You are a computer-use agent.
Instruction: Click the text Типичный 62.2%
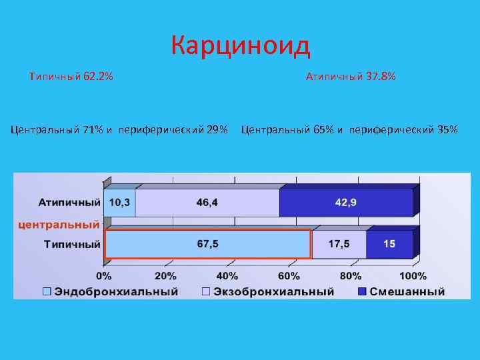(71, 77)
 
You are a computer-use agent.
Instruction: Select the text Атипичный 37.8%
(350, 77)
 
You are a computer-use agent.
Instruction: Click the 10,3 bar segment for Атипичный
(120, 203)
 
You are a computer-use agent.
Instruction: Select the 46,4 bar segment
(207, 203)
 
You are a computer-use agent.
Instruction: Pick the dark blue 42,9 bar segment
(345, 203)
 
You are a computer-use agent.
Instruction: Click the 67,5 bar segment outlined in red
(207, 244)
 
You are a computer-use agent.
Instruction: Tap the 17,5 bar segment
(339, 244)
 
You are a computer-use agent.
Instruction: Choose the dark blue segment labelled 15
(389, 244)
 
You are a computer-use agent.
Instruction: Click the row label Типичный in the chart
(72, 244)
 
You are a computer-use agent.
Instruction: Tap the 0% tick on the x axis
(104, 276)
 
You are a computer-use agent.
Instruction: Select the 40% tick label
(227, 276)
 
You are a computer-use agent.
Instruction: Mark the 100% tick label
(413, 276)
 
